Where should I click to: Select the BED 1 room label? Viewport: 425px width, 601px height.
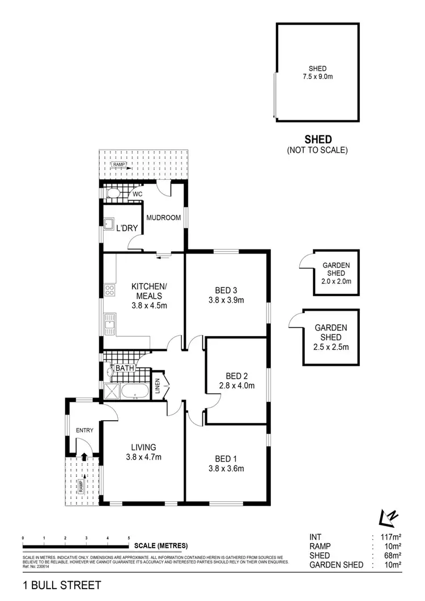[x=226, y=459]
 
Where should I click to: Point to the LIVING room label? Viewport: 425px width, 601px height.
[x=143, y=447]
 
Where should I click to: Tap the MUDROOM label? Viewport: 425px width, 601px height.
[x=163, y=218]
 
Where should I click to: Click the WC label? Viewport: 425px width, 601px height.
[x=138, y=194]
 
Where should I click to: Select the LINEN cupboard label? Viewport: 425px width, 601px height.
[x=158, y=385]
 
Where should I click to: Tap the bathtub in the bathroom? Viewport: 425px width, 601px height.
[x=135, y=391]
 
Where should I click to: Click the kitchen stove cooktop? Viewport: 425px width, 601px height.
[x=110, y=291]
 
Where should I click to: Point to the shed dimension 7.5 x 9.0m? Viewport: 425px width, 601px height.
[x=317, y=77]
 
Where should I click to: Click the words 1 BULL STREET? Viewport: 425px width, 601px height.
[x=62, y=584]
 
